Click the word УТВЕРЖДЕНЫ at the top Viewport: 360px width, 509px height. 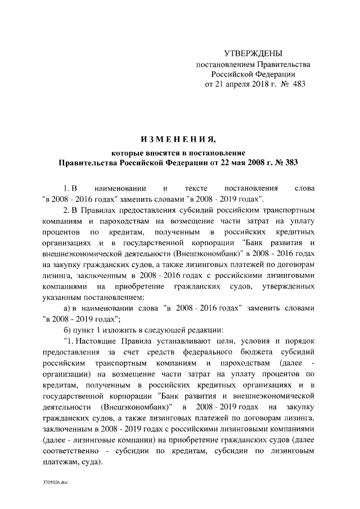[253, 54]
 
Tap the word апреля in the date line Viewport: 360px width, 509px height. [241, 84]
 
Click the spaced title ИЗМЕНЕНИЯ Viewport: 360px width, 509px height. [177, 139]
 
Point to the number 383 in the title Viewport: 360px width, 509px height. [289, 163]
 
